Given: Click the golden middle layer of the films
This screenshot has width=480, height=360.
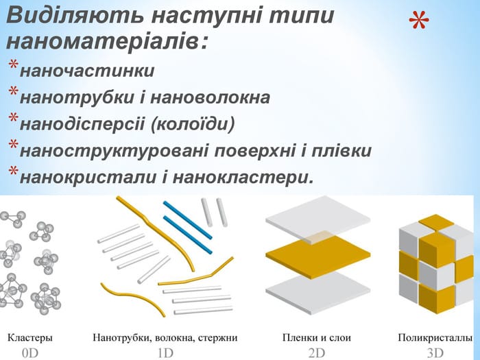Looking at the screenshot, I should pos(317,253).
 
